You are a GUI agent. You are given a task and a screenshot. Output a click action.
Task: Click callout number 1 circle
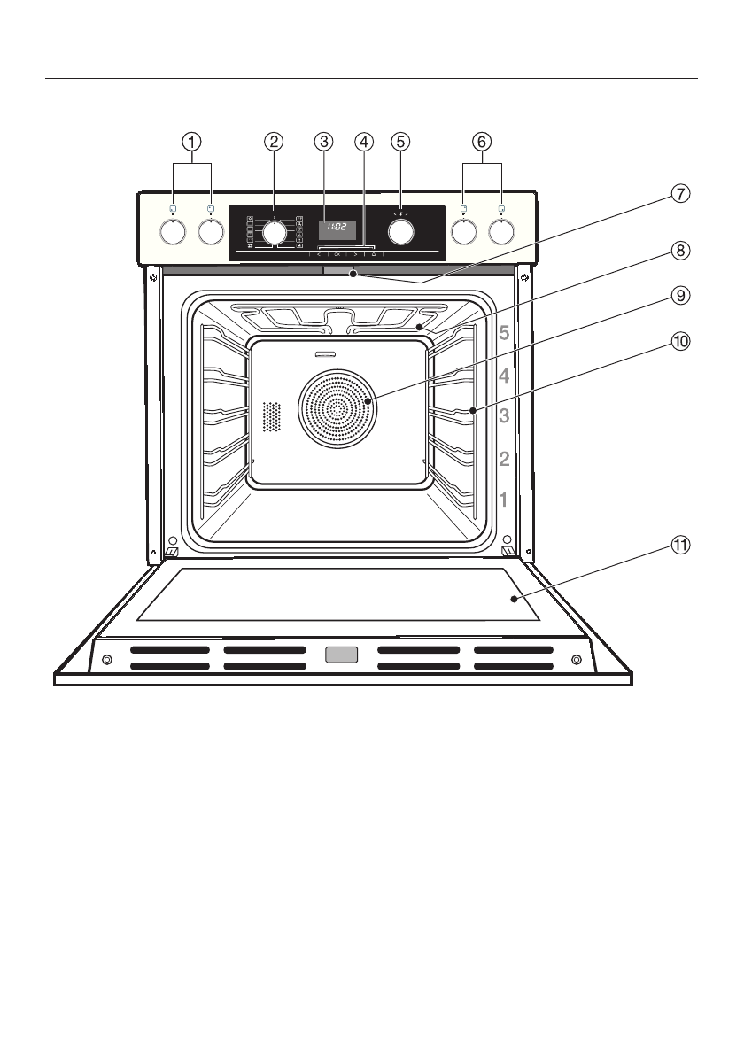click(x=192, y=141)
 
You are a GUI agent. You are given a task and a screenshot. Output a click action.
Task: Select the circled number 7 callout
click(x=678, y=193)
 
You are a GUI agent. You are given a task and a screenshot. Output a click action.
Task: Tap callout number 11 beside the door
click(x=678, y=546)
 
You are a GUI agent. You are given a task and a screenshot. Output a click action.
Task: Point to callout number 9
click(x=678, y=297)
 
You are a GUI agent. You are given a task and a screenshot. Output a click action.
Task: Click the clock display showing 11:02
click(x=337, y=228)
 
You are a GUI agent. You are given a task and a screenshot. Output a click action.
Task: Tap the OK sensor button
click(x=337, y=254)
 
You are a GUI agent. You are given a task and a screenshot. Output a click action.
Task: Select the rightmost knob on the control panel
click(x=502, y=231)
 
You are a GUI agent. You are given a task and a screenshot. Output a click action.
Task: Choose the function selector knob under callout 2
click(x=275, y=232)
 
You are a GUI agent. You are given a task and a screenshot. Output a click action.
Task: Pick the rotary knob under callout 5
click(x=401, y=231)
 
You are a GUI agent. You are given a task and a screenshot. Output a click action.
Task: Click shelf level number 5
click(x=503, y=335)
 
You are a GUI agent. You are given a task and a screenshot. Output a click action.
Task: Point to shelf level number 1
click(x=503, y=500)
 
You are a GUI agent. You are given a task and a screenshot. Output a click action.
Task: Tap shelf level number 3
click(x=503, y=416)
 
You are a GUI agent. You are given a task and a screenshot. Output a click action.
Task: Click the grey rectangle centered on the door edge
click(x=341, y=655)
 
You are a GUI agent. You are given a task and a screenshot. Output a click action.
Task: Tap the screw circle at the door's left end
click(x=106, y=660)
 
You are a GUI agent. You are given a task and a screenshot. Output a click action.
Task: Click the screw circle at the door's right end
click(x=577, y=660)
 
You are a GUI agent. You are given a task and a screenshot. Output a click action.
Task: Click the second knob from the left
click(x=211, y=231)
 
